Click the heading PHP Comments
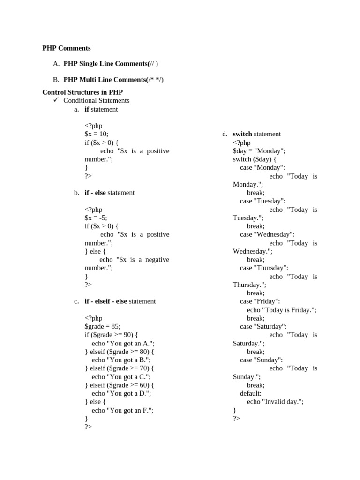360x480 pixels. coord(67,48)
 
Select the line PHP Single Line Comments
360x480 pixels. coord(114,64)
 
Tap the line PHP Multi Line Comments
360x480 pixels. coord(113,80)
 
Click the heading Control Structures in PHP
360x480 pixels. coord(82,92)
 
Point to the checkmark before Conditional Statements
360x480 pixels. coord(56,100)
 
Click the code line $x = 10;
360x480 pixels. coord(96,134)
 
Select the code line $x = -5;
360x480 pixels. coord(96,217)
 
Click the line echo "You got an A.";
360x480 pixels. coord(123,343)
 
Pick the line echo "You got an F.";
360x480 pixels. coord(123,410)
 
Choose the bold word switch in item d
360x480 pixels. coord(242,134)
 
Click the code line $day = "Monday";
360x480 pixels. coord(259,151)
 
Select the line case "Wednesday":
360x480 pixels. coord(267,234)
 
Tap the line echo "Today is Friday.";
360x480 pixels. coord(282,310)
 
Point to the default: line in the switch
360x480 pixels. coord(251,393)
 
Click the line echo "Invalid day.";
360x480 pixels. coord(275,402)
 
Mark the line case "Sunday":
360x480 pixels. coord(261,360)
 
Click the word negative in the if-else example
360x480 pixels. coord(157,260)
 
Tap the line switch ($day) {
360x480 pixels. coord(255,159)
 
